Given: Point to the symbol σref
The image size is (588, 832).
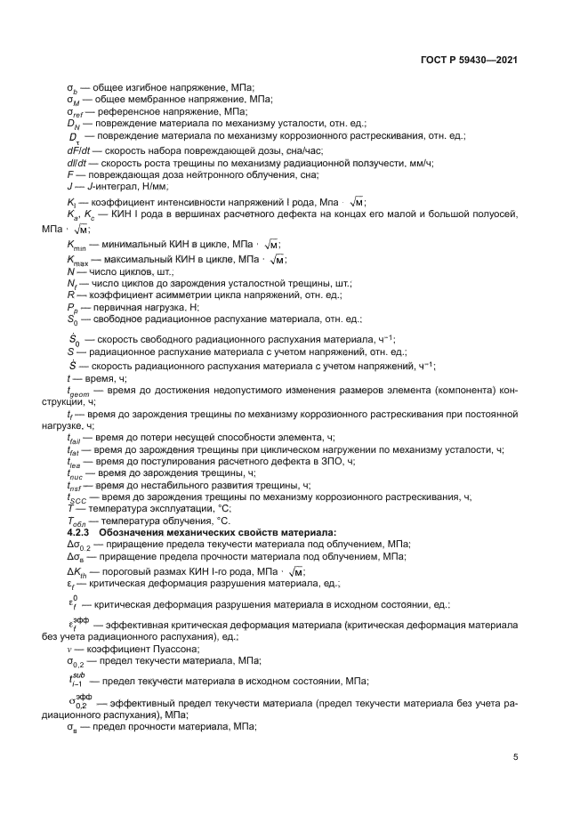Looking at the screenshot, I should tap(77, 112).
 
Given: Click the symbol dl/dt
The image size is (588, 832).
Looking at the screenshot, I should tap(78, 162).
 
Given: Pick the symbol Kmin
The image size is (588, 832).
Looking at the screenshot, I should tap(78, 245).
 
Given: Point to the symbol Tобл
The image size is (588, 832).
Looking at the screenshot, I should tap(77, 520).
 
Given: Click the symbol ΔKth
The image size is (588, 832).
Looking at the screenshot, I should tap(79, 570).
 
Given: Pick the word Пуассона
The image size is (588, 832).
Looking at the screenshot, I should tap(142, 650).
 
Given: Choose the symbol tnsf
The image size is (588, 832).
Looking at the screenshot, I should tap(75, 486).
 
